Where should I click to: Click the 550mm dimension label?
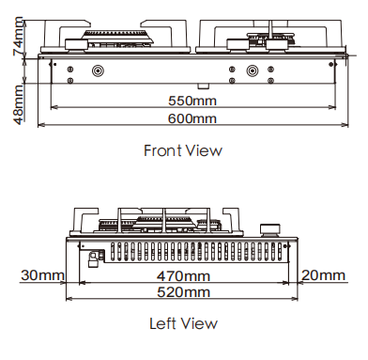coord(192,101)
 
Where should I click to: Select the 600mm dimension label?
coord(192,118)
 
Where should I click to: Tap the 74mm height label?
coord(18,36)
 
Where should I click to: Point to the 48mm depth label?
coord(18,104)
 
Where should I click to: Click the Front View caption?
coord(183,150)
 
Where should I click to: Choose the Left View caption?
coord(183,323)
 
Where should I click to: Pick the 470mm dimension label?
coord(183,276)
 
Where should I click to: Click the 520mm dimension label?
coord(183,292)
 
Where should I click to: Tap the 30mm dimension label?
coord(42,275)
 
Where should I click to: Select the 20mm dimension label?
coord(324,275)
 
